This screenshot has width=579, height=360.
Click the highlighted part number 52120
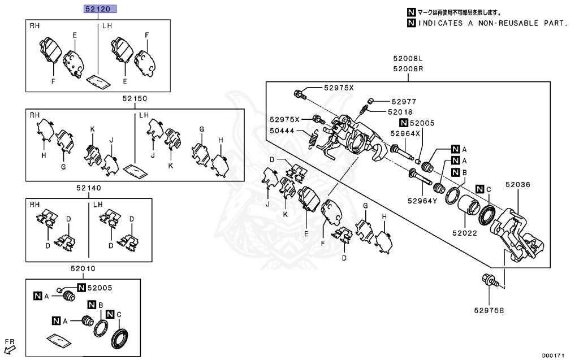pos(101,10)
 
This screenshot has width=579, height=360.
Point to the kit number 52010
pos(83,269)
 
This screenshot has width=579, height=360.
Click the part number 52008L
pos(408,59)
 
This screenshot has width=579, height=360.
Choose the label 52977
pos(403,102)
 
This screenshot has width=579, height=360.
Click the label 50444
pos(281,130)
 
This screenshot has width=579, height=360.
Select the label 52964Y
pos(422,199)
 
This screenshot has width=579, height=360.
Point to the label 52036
pos(518,184)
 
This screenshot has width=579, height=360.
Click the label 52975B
pos(489,309)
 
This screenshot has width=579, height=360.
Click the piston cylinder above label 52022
pos(468,208)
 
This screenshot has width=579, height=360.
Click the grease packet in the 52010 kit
pos(59,340)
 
